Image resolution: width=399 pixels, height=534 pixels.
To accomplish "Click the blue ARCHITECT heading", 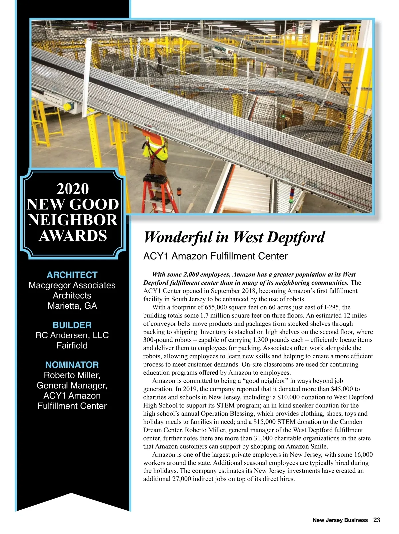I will pos(72,275).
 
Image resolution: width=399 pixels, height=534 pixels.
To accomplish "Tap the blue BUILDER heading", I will pos(72,325).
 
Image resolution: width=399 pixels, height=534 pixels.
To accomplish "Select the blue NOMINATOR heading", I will pos(72,365).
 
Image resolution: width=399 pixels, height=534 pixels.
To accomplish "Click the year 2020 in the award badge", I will pos(73,189).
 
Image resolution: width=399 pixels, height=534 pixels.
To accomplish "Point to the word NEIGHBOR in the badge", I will pos(73,220).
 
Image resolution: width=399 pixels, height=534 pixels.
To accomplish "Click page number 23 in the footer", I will pos(377,520).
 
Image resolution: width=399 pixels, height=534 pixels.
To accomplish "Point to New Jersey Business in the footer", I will pos(340,520).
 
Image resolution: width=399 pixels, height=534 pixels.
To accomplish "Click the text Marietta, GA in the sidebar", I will pos(72,306).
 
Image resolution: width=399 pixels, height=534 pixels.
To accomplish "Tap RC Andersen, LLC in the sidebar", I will pos(72,335).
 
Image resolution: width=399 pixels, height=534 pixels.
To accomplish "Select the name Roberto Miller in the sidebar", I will pos(71,375).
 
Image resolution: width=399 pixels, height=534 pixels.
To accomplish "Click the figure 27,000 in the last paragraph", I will pos(182,479).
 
